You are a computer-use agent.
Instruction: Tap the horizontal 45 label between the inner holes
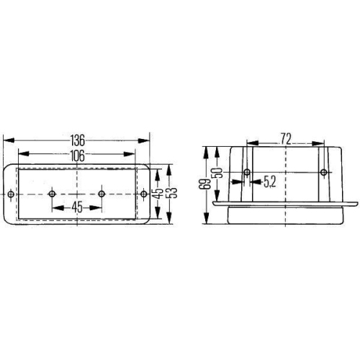tap(76, 207)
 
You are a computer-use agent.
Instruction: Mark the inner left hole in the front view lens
tap(52, 194)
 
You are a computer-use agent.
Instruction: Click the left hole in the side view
tap(247, 172)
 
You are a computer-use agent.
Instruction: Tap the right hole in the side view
tap(323, 172)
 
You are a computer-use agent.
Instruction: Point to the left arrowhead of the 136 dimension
tap(6, 140)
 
